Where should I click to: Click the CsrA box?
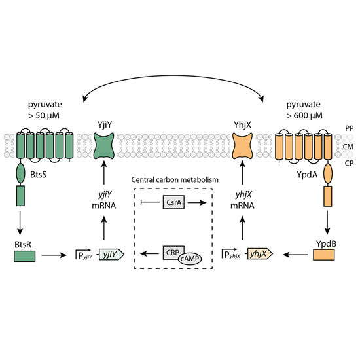click(173, 202)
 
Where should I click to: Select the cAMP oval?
click(190, 259)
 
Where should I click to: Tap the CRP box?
click(173, 253)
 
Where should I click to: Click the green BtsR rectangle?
click(25, 256)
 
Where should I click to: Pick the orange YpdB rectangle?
click(324, 255)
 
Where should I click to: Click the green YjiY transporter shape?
click(104, 146)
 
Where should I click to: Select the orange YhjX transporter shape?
click(242, 146)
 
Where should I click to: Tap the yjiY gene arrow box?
click(111, 254)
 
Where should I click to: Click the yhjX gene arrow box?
click(260, 254)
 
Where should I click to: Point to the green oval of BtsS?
click(20, 173)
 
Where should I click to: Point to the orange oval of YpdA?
click(328, 173)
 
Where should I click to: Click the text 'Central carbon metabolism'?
click(175, 179)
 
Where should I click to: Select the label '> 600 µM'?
click(304, 115)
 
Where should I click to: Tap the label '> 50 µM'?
click(44, 115)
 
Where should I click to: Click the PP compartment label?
click(349, 128)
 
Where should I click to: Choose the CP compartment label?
click(349, 163)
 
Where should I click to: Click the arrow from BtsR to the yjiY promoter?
click(54, 255)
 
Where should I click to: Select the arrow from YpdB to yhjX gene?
click(295, 255)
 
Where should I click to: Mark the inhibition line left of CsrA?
click(150, 202)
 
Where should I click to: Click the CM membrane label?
click(348, 147)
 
